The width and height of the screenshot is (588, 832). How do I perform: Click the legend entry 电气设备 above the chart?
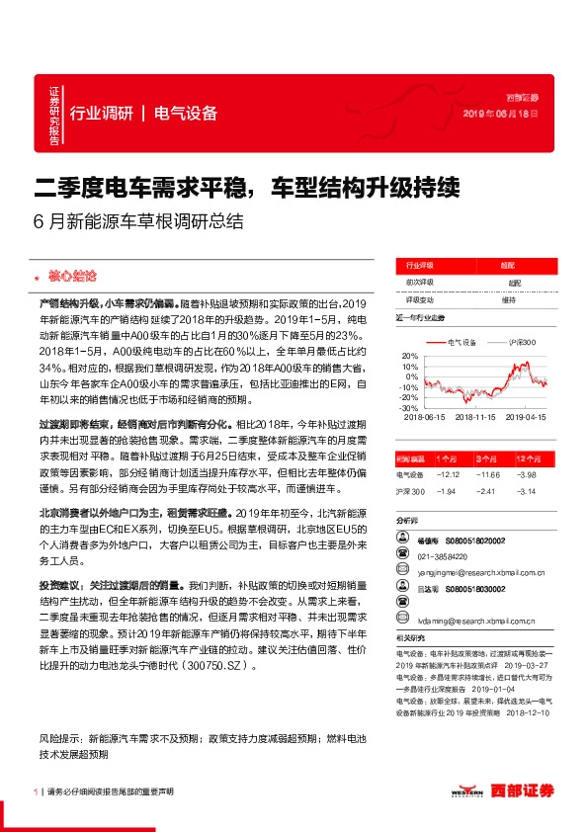[x=462, y=342]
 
